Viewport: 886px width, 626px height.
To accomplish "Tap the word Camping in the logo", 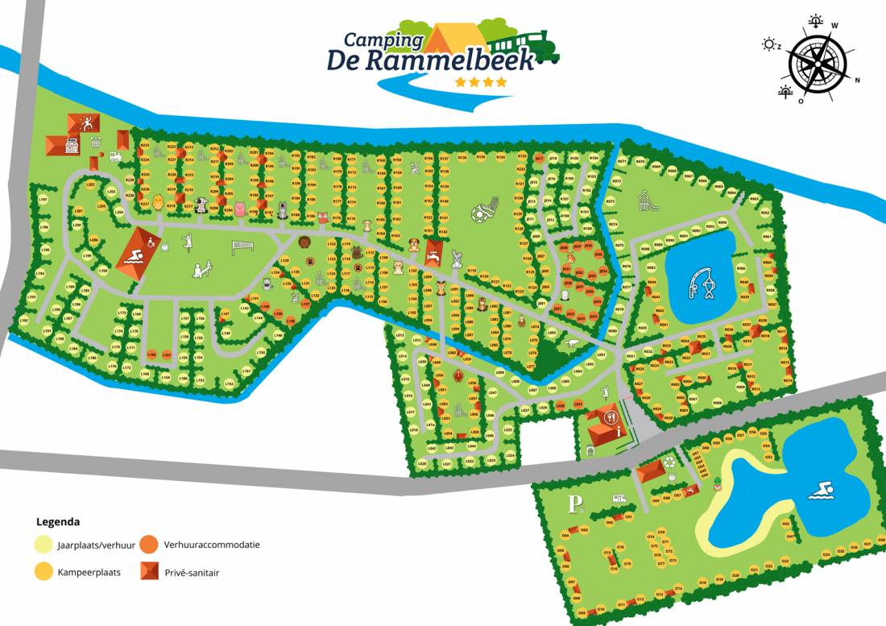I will [x=383, y=39].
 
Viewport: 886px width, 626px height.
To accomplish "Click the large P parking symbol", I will [x=574, y=504].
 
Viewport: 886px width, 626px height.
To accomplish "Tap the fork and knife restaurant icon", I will [x=611, y=417].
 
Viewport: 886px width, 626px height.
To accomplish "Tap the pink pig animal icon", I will [x=238, y=209].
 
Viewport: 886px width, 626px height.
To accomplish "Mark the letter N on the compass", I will [x=857, y=80].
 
